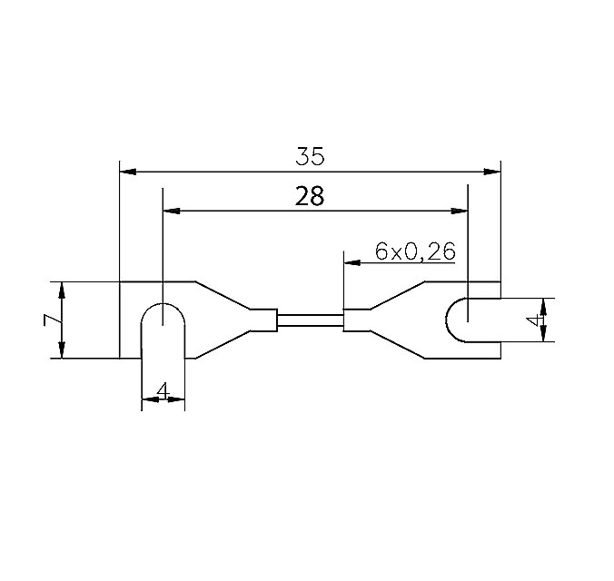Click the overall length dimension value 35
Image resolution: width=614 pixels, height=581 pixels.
pos(310,156)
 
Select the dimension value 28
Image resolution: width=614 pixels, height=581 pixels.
pos(310,197)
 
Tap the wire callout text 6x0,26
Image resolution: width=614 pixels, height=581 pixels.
pos(414,252)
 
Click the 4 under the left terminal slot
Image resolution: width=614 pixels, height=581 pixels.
pos(163,390)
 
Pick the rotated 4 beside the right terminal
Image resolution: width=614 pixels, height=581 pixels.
pos(537,319)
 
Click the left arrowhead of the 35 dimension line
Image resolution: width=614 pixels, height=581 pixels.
pos(128,171)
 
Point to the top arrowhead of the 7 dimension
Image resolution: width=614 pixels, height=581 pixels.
pos(62,289)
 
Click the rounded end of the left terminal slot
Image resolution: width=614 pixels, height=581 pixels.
pos(163,313)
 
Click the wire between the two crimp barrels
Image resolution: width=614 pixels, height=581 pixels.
pos(310,320)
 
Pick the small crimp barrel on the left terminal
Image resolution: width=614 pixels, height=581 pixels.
pos(264,320)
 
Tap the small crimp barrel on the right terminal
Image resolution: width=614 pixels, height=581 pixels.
pos(355,320)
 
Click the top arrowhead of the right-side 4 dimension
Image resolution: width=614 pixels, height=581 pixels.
pos(546,303)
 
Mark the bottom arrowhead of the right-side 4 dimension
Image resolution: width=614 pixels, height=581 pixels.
pos(546,335)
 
